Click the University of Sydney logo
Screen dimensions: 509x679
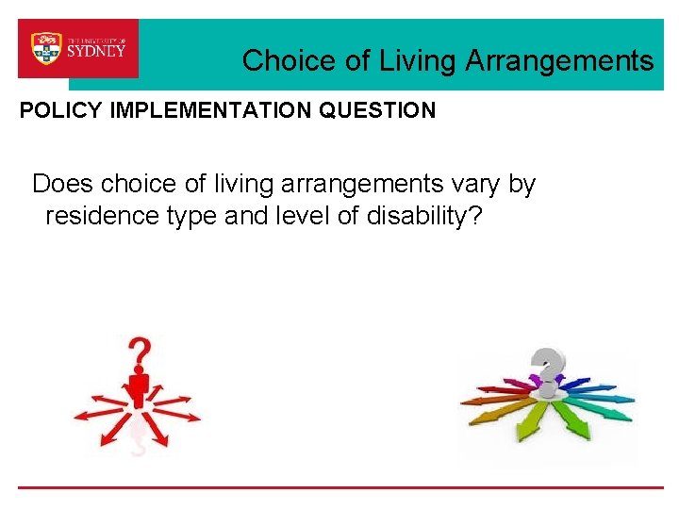tap(78, 48)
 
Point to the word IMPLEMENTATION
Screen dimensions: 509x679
tap(212, 110)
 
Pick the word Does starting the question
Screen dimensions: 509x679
tap(62, 184)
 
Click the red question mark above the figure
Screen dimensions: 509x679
tap(140, 354)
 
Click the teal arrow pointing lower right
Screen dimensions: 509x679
tap(608, 411)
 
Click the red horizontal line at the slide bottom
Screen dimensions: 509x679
tap(339, 487)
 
